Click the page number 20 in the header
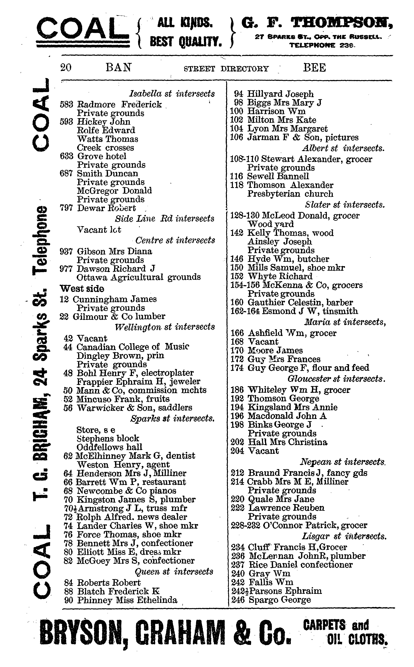point(66,67)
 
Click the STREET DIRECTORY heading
point(226,68)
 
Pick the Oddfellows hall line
point(109,447)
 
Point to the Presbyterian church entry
point(290,194)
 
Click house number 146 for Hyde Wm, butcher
point(237,259)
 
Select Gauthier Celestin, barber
point(300,303)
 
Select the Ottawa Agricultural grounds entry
point(138,277)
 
